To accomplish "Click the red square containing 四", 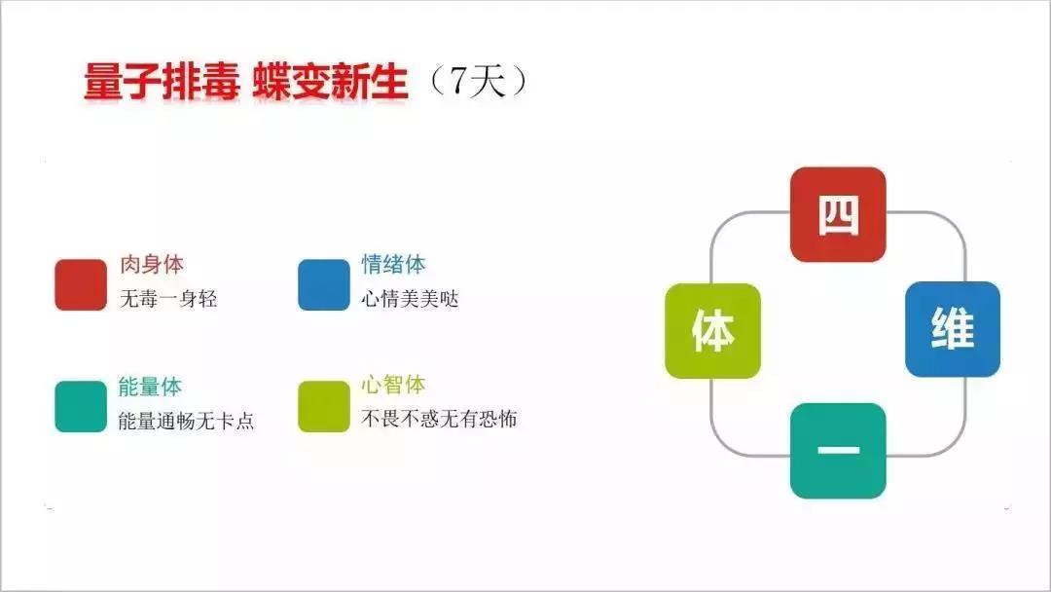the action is point(838,214).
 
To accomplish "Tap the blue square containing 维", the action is point(953,329).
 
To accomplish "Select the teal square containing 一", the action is point(838,451).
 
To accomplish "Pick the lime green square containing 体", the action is point(712,330).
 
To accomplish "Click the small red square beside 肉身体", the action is point(81,285).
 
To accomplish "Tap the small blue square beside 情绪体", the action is point(324,285).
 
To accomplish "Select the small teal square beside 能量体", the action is point(81,406).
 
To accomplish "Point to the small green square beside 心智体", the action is point(324,406).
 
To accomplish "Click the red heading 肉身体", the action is point(152,264).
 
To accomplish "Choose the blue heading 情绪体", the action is point(393,264).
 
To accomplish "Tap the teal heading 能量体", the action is point(150,387).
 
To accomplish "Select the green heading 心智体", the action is point(393,385).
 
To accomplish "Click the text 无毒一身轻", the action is point(168,298).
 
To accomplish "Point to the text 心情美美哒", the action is point(411,298).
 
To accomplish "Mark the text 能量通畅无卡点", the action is point(186,421).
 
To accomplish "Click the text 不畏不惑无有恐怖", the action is point(439,419).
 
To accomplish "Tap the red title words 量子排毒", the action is point(162,83).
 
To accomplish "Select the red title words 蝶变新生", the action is point(331,83).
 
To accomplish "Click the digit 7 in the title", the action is point(458,82).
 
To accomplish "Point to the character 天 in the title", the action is point(488,82).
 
